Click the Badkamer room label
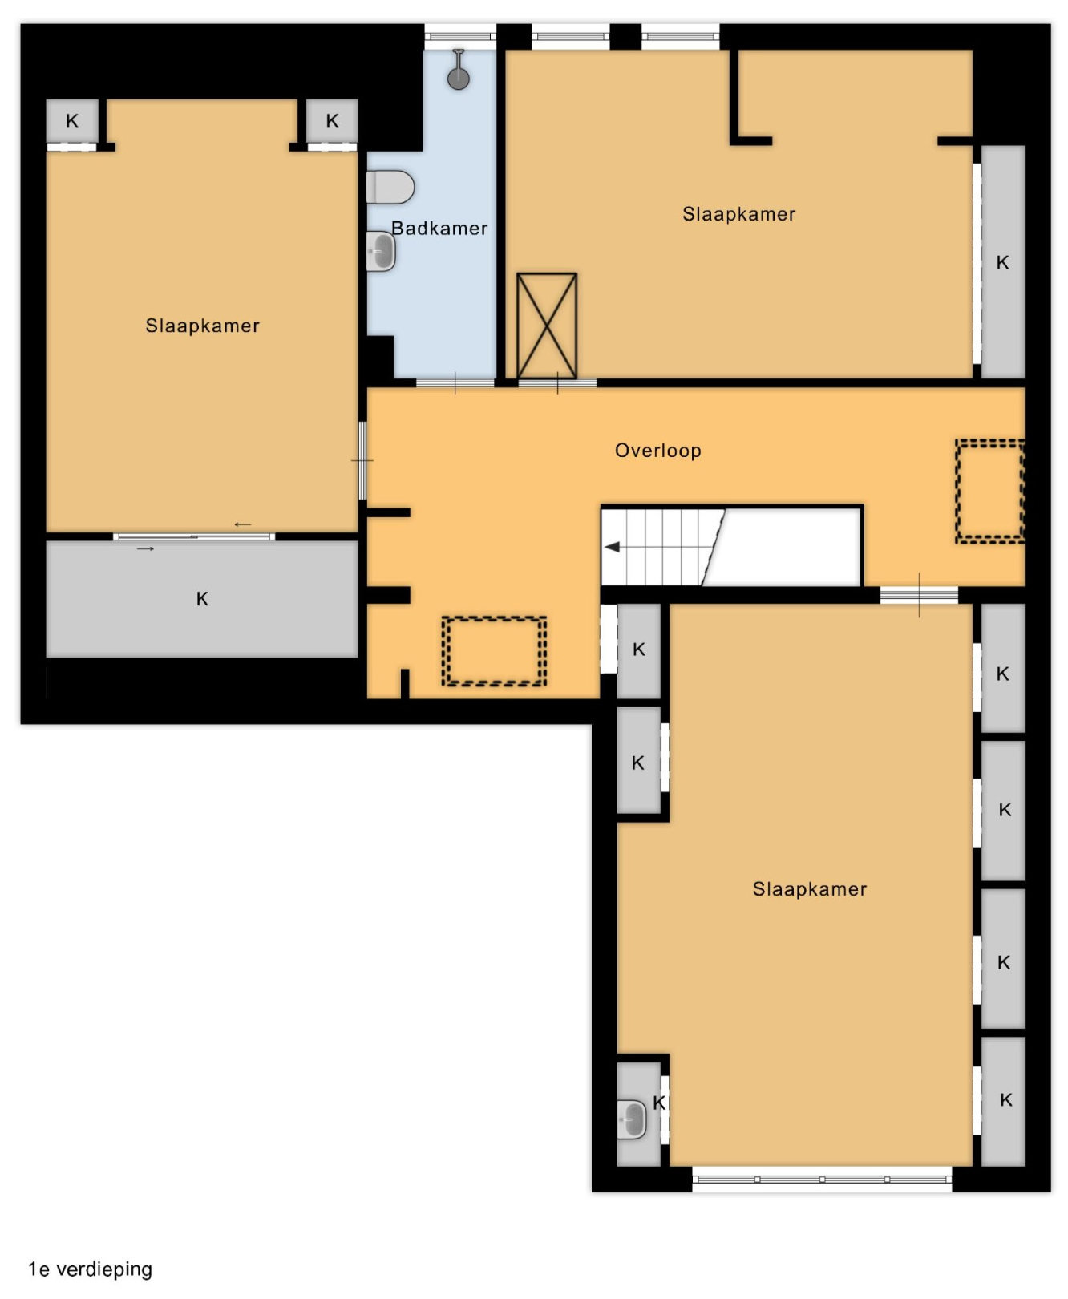(x=439, y=229)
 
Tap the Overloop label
(x=658, y=451)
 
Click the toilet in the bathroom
(x=390, y=187)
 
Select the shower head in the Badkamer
(x=459, y=70)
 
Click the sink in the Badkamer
(x=382, y=252)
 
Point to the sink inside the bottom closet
(x=632, y=1118)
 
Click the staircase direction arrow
(x=613, y=547)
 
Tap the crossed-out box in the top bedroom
(x=547, y=326)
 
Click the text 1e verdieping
(x=91, y=1269)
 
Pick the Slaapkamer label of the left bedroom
(x=203, y=326)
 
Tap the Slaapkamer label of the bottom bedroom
(x=810, y=889)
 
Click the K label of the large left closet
(x=202, y=599)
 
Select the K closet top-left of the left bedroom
(x=72, y=122)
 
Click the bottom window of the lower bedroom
(x=822, y=1180)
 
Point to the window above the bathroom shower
(x=460, y=36)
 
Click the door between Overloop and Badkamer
(x=455, y=383)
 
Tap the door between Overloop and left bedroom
(x=362, y=460)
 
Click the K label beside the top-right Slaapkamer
(x=1003, y=262)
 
